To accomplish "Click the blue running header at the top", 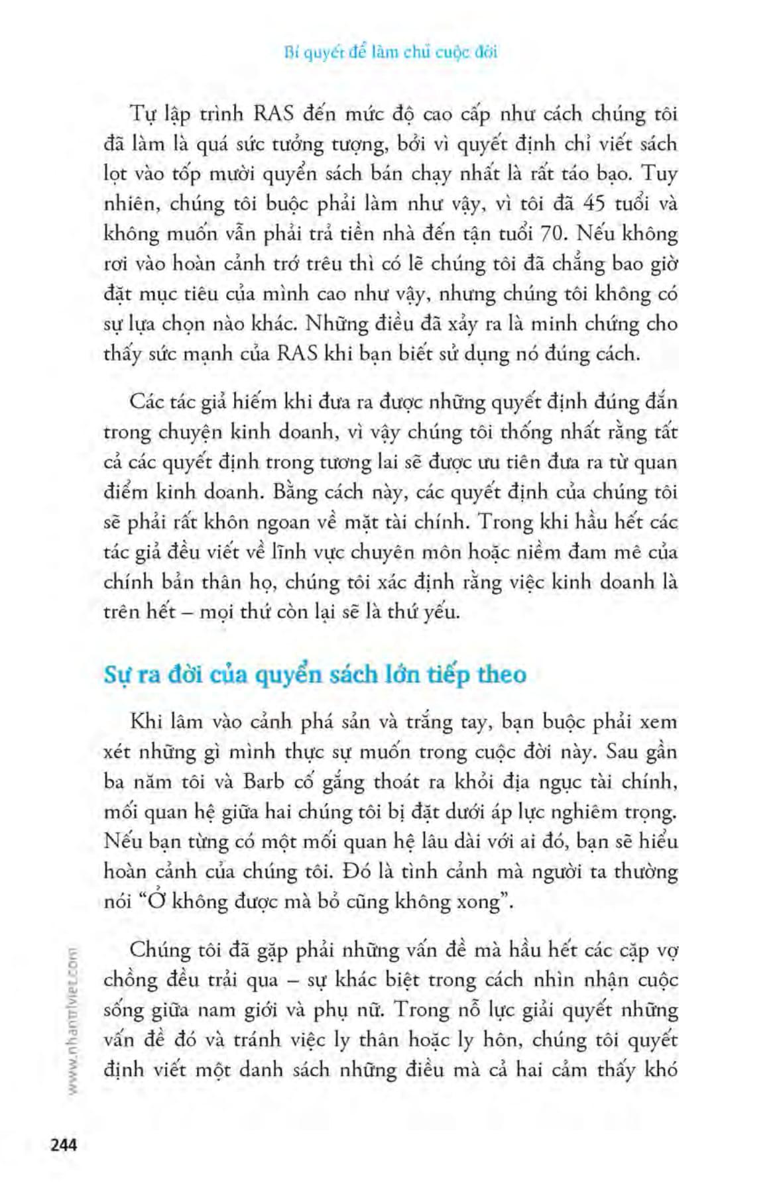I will click(x=390, y=52).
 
